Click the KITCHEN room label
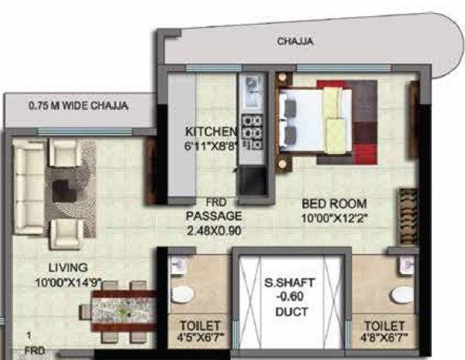(205, 131)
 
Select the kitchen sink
(252, 94)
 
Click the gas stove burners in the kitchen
(251, 131)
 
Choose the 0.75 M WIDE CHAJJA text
(77, 105)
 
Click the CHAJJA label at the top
(295, 42)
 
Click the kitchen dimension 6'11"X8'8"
(205, 145)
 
